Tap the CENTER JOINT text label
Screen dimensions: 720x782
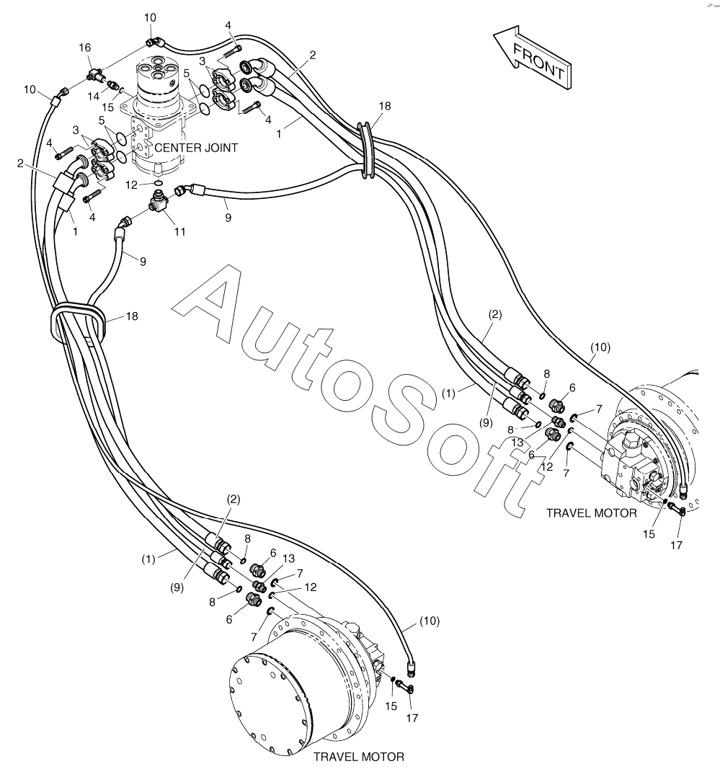pyautogui.click(x=195, y=148)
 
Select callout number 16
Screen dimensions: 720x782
pyautogui.click(x=84, y=47)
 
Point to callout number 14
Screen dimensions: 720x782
pyautogui.click(x=94, y=95)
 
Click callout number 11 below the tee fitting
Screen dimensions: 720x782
pyautogui.click(x=179, y=231)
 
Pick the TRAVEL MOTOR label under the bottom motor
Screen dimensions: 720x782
pyautogui.click(x=358, y=757)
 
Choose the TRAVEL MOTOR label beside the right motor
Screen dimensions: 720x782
pyautogui.click(x=591, y=513)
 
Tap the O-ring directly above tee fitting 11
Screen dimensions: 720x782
pyautogui.click(x=157, y=185)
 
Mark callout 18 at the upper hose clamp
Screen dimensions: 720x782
pyautogui.click(x=384, y=105)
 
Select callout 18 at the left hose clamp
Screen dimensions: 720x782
pyautogui.click(x=131, y=316)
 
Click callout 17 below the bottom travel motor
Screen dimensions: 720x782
pyautogui.click(x=412, y=718)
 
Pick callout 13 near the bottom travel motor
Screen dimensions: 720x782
pyautogui.click(x=289, y=558)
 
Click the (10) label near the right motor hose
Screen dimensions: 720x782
pyautogui.click(x=600, y=347)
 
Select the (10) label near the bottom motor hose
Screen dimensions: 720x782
pyautogui.click(x=429, y=620)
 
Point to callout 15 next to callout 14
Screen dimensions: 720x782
pyautogui.click(x=108, y=108)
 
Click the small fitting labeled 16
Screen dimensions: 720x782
pyautogui.click(x=94, y=73)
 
